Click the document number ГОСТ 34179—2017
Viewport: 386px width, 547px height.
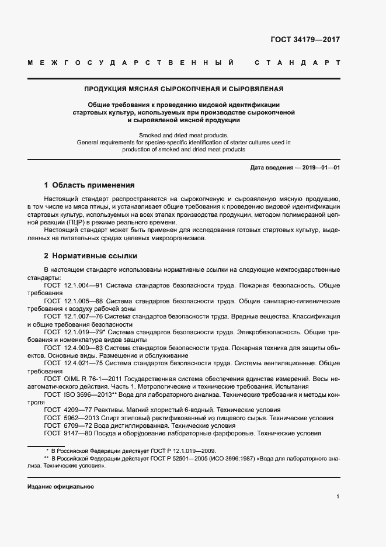point(305,40)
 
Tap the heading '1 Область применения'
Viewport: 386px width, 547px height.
point(89,185)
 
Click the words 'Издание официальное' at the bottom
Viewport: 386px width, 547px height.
point(61,487)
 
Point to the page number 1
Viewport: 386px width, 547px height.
point(338,496)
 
